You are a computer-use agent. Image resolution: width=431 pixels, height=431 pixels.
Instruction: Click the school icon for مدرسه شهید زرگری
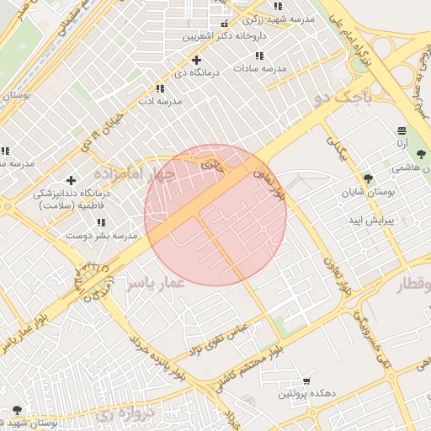point(278,7)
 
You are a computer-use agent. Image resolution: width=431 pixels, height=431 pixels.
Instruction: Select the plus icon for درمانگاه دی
point(196,60)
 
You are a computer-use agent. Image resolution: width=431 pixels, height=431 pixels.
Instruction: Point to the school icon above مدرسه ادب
point(159,88)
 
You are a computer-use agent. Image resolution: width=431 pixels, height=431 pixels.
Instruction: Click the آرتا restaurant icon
point(402,130)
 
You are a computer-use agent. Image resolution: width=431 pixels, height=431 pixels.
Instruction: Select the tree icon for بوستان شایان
point(368,178)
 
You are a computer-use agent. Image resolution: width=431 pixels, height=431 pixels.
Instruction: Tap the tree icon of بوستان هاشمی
point(421,154)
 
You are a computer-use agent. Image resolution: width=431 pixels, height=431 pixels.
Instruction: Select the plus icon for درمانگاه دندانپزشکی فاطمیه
point(71,180)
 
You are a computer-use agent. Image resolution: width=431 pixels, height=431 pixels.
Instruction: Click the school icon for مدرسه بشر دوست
point(102,223)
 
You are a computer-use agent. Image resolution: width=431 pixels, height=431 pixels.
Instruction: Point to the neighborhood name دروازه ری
point(125,414)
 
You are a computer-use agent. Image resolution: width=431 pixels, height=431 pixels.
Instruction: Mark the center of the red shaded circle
point(215,215)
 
